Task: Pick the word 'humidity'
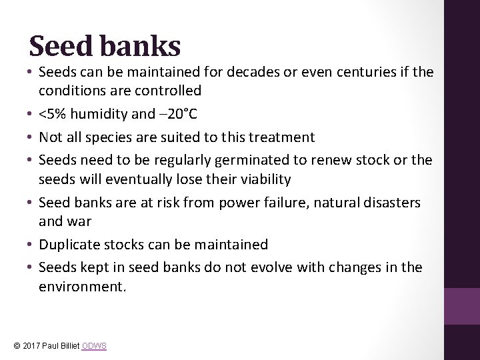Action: pos(103,115)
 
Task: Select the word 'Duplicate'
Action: pos(69,245)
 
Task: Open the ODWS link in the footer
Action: pos(96,346)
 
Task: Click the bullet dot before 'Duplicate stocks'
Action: pos(29,245)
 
